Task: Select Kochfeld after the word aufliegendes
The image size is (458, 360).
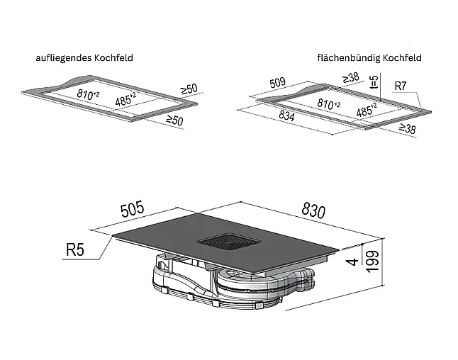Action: (x=113, y=57)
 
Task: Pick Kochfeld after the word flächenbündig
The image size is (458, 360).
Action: (x=402, y=57)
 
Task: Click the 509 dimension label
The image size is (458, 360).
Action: (x=277, y=83)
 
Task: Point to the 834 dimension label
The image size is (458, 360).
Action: (x=286, y=116)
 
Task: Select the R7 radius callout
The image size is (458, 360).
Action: (x=401, y=86)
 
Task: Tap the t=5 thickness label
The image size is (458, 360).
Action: (x=374, y=82)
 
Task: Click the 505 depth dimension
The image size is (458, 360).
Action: (x=133, y=209)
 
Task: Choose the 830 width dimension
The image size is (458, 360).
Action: (x=313, y=210)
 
